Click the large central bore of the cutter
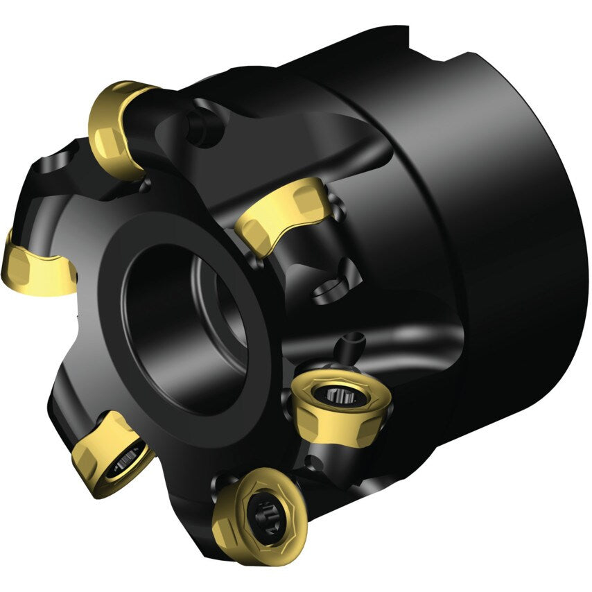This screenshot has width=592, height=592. (x=184, y=326)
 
